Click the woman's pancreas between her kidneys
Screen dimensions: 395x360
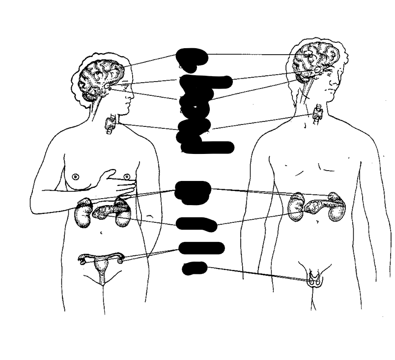[x=106, y=211]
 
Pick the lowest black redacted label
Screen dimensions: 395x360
[x=194, y=268]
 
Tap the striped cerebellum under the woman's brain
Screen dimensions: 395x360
[x=91, y=97]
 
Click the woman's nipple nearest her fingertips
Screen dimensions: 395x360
[x=126, y=176]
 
